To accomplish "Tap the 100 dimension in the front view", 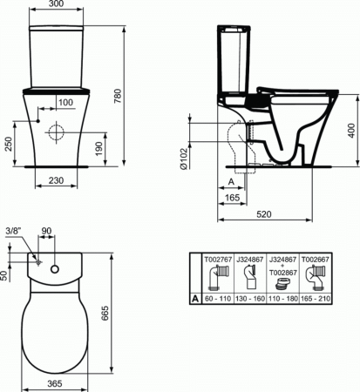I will click(x=66, y=103).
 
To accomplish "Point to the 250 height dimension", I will click(x=7, y=143).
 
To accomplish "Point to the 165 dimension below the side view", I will click(x=231, y=199).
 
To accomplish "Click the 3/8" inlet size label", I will click(x=14, y=233).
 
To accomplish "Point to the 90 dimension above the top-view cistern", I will click(x=48, y=233).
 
